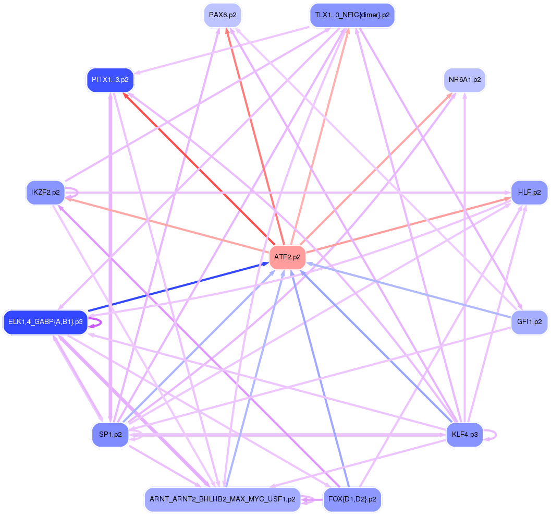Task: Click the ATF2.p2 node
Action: (x=287, y=257)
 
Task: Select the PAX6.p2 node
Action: (x=223, y=15)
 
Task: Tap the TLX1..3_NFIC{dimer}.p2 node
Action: (x=352, y=15)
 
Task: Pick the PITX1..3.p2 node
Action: (x=110, y=80)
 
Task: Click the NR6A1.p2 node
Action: (x=464, y=80)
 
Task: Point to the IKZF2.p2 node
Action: (x=45, y=193)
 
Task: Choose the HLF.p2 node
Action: (x=529, y=193)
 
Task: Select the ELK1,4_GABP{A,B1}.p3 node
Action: (x=45, y=322)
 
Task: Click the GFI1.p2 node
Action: (x=529, y=322)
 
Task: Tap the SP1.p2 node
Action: (x=110, y=434)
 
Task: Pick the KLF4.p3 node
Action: (x=464, y=434)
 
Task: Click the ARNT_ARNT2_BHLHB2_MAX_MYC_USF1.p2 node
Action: (x=223, y=499)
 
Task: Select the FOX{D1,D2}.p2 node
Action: (x=352, y=499)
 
